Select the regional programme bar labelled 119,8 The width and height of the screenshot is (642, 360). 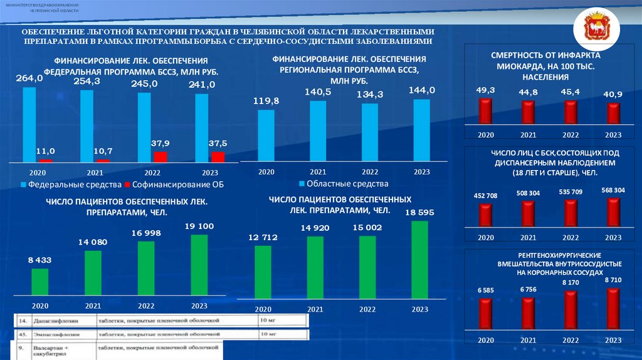(266, 136)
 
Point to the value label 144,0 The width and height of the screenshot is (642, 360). (421, 90)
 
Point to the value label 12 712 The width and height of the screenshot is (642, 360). (263, 237)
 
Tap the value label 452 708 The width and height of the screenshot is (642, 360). (485, 196)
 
